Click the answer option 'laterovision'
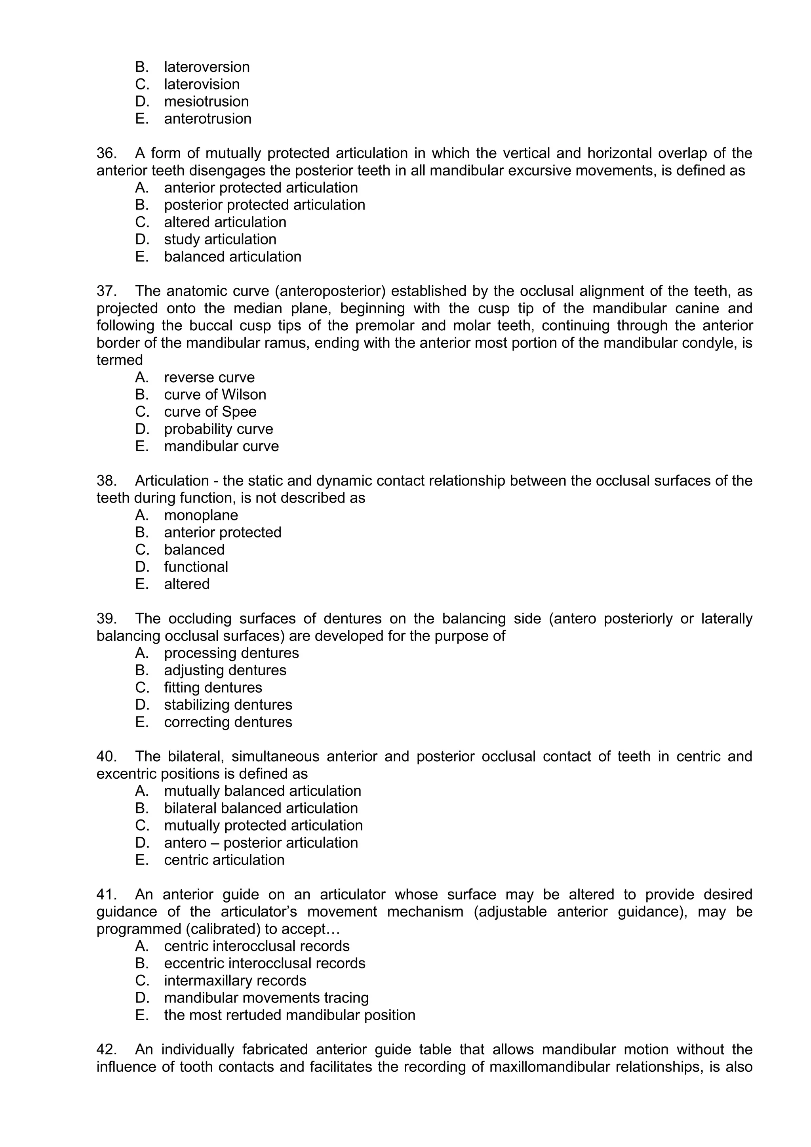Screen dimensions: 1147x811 click(201, 84)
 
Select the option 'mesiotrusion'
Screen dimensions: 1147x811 click(206, 101)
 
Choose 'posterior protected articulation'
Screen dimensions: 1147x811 click(264, 205)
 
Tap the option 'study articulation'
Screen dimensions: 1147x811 click(220, 239)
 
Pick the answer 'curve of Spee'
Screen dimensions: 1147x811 click(210, 412)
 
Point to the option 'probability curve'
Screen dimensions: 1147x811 click(218, 429)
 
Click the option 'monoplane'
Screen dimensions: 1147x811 click(201, 515)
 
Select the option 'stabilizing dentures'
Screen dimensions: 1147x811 click(228, 705)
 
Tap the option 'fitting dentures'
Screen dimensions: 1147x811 click(213, 688)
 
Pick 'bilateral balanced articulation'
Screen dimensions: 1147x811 click(261, 808)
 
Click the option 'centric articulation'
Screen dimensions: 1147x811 click(224, 860)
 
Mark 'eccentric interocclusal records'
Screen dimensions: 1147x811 click(264, 963)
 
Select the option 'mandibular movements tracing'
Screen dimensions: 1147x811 click(266, 998)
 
